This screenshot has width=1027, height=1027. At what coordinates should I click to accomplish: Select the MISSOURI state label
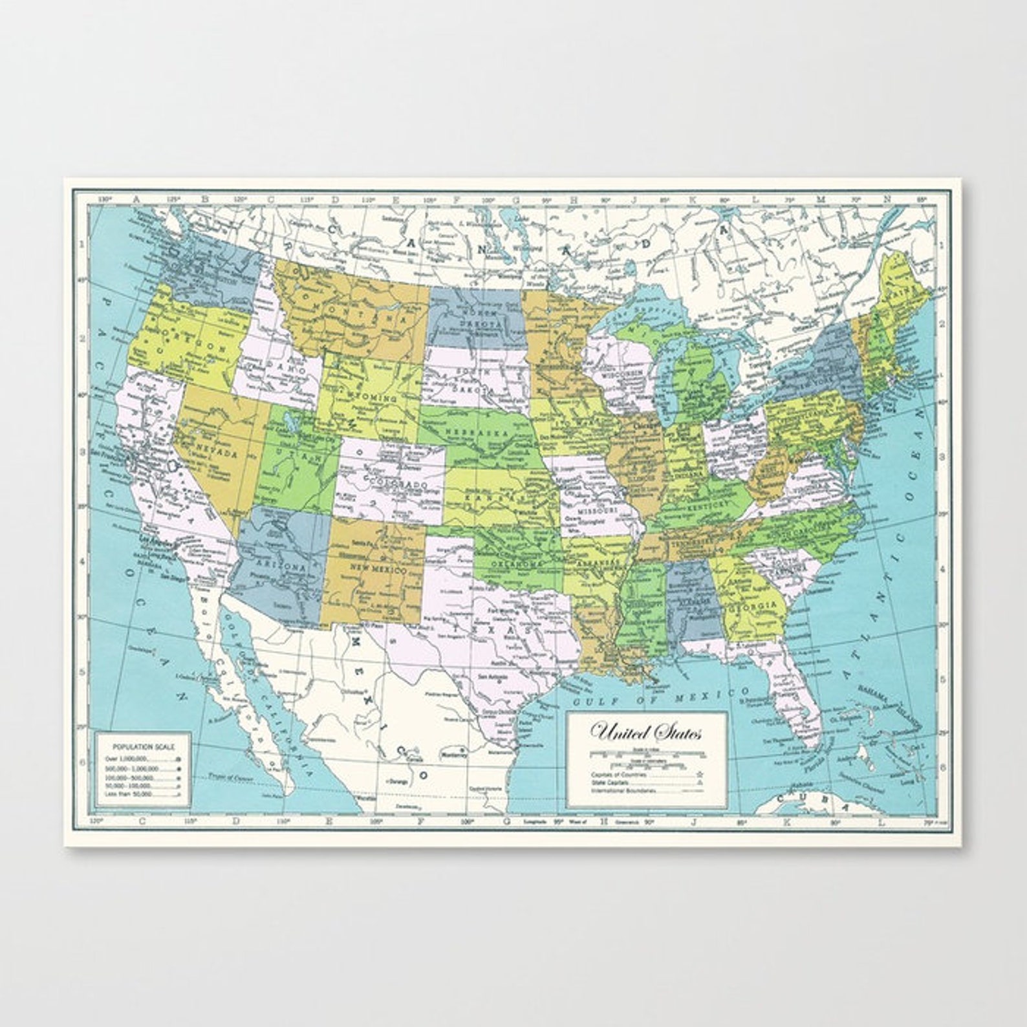tap(594, 510)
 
